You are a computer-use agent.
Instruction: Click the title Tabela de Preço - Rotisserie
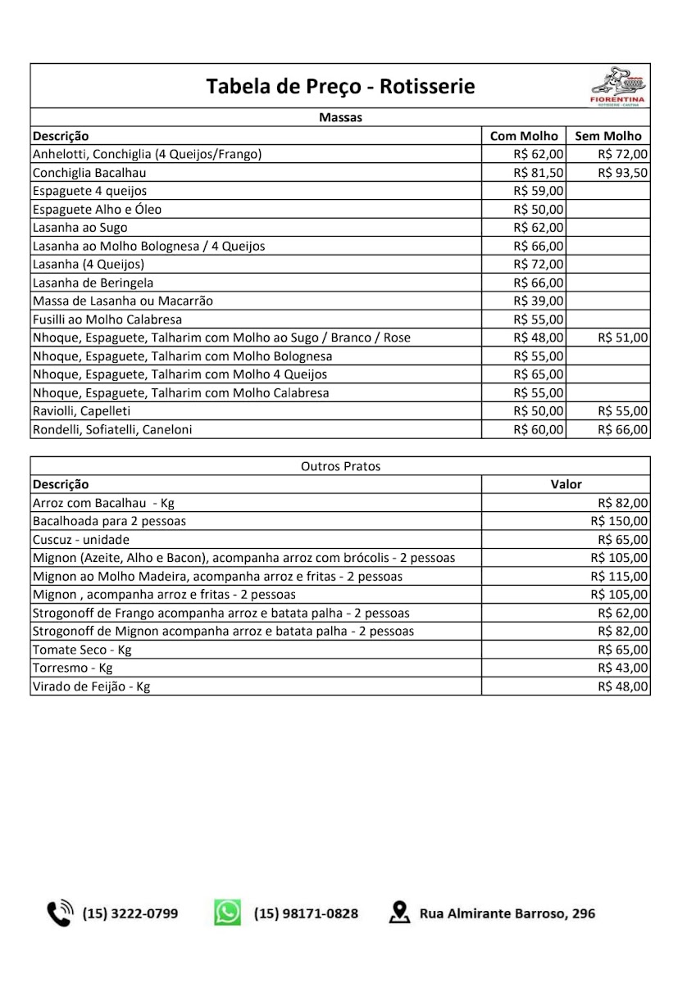click(x=340, y=86)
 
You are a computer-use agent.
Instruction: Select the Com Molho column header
click(x=524, y=136)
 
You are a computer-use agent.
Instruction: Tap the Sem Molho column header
click(x=608, y=136)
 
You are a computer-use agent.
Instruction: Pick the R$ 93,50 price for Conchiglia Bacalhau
click(x=623, y=173)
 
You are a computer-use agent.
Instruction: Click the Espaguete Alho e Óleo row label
click(x=97, y=209)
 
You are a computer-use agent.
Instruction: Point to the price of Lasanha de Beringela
click(x=539, y=283)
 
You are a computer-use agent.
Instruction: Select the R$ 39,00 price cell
click(x=539, y=301)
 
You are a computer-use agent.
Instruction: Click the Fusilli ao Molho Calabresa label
click(x=107, y=319)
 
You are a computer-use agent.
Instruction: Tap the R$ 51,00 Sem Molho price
click(x=623, y=337)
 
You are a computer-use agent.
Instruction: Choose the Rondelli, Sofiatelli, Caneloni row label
click(x=112, y=429)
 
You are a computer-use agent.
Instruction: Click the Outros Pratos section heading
click(x=340, y=466)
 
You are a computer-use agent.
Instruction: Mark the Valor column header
click(x=566, y=484)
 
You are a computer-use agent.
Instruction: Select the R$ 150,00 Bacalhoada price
click(x=619, y=521)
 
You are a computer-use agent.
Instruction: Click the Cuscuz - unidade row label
click(x=81, y=540)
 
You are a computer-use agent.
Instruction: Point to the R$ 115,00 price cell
click(x=619, y=576)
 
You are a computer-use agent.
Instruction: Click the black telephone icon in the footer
click(x=60, y=913)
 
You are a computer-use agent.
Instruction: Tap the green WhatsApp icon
click(x=228, y=913)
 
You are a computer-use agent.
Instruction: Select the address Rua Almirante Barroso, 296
click(x=507, y=913)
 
